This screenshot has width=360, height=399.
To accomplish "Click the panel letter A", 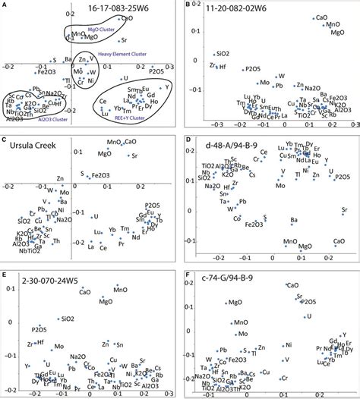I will tap(7, 5).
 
